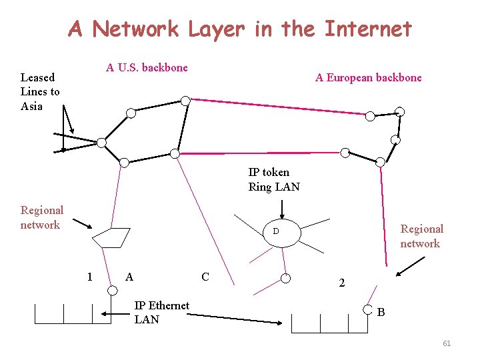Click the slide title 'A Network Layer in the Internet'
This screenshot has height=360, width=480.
point(240,29)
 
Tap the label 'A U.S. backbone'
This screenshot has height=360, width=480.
point(147,67)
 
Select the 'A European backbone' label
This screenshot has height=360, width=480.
point(368,78)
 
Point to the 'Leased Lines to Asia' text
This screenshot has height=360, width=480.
point(40,92)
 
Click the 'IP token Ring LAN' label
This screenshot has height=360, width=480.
point(274,180)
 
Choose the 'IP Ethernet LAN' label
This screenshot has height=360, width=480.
point(161,313)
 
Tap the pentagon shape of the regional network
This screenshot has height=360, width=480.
point(111,237)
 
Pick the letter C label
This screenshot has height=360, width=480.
point(205,277)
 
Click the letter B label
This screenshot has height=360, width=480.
point(381,312)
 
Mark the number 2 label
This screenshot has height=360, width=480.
point(341,283)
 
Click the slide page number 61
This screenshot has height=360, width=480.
point(447,343)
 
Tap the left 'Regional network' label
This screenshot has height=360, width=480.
point(41,218)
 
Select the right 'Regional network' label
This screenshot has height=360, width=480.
point(421,236)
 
